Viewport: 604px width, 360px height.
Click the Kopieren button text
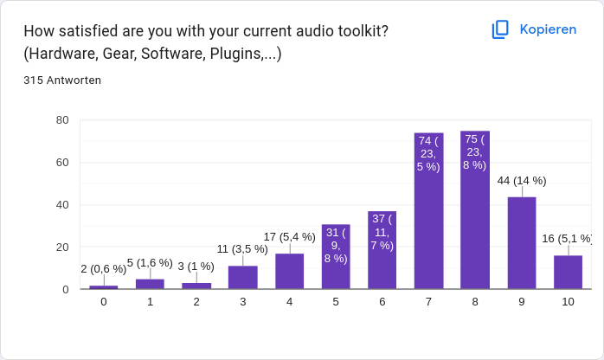point(547,29)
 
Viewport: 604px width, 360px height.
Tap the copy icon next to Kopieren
point(500,29)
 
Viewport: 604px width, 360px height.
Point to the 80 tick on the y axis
point(62,120)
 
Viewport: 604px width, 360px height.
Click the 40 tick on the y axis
point(62,205)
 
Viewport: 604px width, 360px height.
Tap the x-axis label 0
point(104,302)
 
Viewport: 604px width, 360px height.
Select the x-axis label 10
point(568,302)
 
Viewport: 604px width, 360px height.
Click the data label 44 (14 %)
point(522,181)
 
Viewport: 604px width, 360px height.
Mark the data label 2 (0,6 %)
point(104,269)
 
